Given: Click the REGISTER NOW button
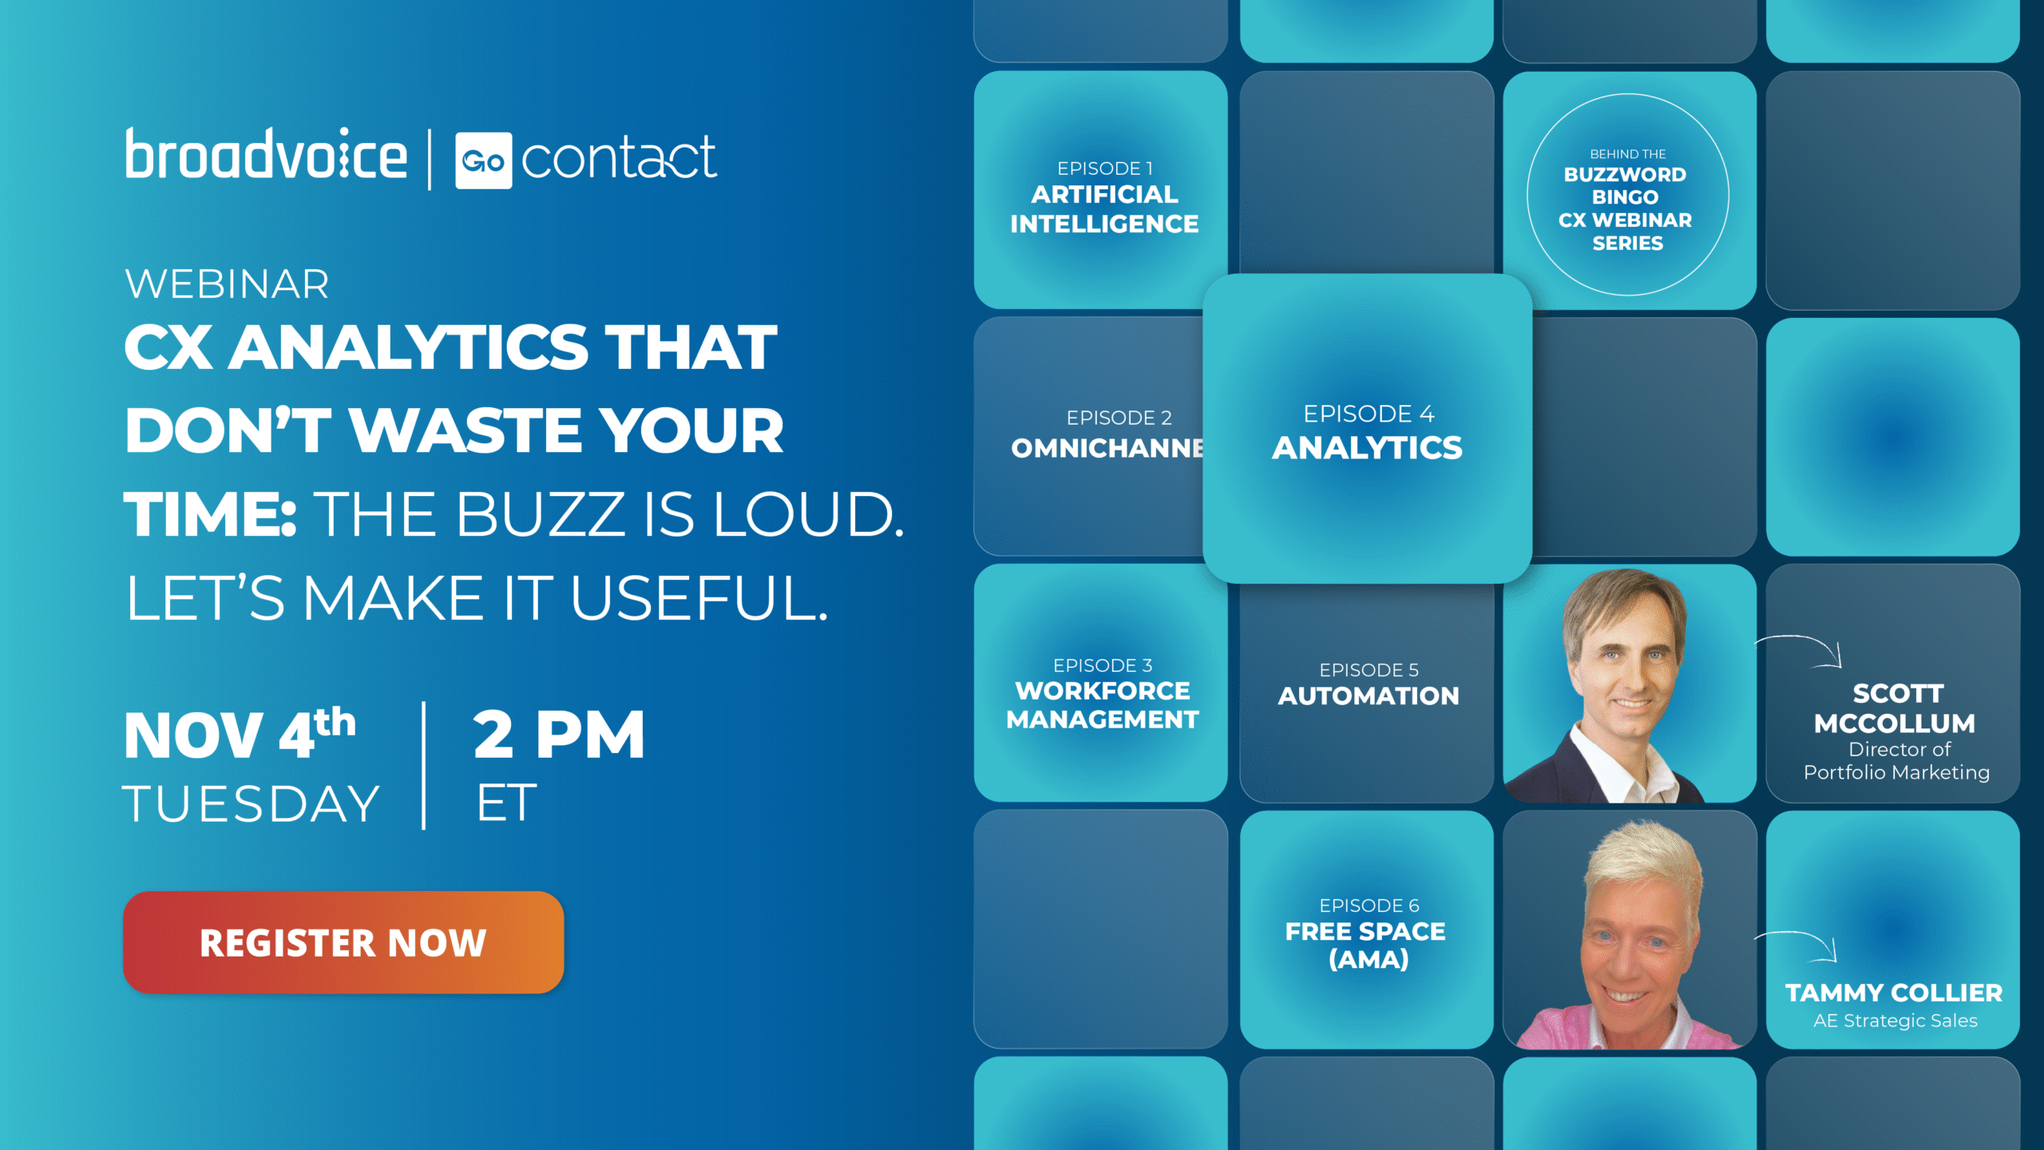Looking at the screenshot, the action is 343,942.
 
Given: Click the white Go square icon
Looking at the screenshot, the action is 483,161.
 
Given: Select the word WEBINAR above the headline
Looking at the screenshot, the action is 227,284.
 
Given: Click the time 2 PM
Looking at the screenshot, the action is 559,734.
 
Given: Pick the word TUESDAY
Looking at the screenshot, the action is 251,803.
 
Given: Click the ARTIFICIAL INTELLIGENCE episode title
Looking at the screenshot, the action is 1104,209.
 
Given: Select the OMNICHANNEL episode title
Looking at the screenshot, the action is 1107,448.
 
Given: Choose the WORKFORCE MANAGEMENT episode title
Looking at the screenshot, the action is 1103,704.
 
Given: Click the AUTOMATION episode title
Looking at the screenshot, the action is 1369,696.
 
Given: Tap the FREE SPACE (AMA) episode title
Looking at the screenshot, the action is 1365,945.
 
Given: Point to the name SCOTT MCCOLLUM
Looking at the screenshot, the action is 1895,708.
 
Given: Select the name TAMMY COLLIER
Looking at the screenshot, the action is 1894,993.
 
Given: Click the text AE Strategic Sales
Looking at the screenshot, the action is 1895,1021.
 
